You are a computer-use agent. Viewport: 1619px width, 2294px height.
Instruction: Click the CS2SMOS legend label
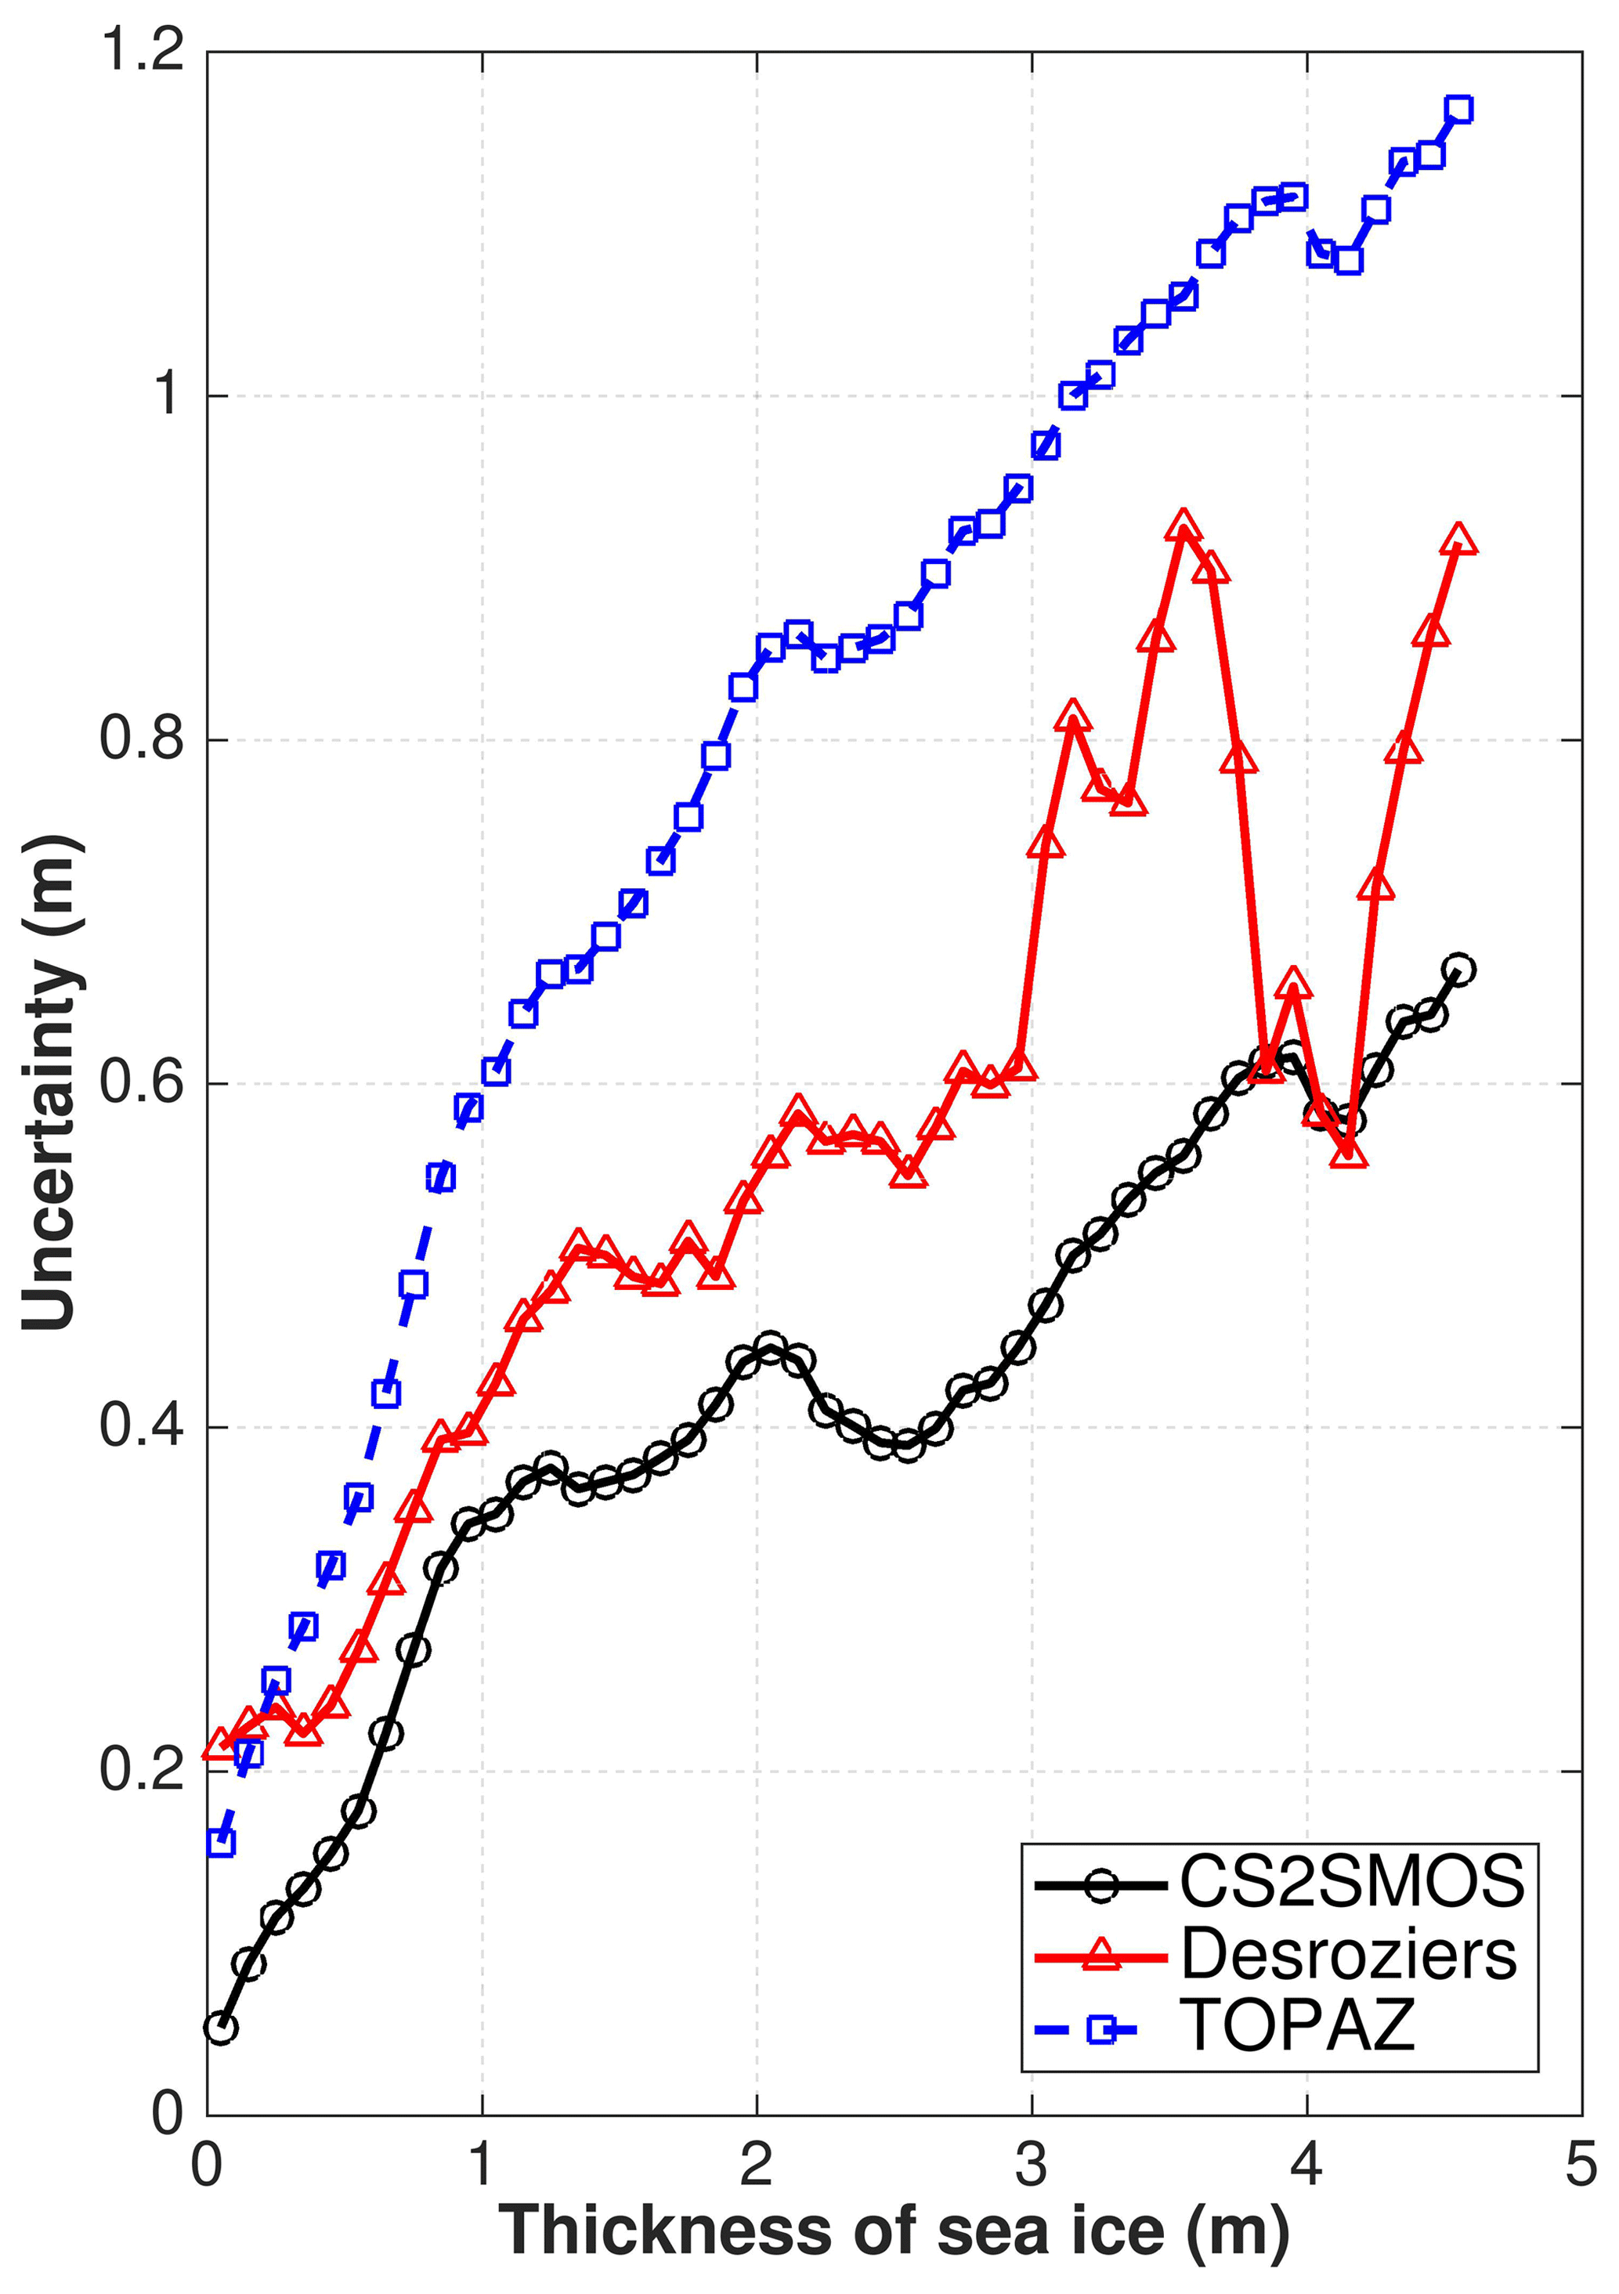pyautogui.click(x=1352, y=1881)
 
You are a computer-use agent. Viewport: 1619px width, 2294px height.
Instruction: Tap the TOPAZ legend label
pyautogui.click(x=1298, y=2026)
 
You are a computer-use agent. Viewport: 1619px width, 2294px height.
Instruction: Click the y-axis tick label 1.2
pyautogui.click(x=143, y=50)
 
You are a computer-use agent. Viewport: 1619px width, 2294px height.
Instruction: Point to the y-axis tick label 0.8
pyautogui.click(x=143, y=739)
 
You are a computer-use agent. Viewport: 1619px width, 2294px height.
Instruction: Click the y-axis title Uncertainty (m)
pyautogui.click(x=50, y=1084)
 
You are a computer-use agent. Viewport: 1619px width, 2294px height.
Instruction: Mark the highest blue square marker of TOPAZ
pyautogui.click(x=1458, y=110)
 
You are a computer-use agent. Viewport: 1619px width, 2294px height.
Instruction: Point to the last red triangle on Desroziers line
pyautogui.click(x=1458, y=540)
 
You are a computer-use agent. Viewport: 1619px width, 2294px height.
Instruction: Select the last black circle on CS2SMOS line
pyautogui.click(x=1458, y=969)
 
